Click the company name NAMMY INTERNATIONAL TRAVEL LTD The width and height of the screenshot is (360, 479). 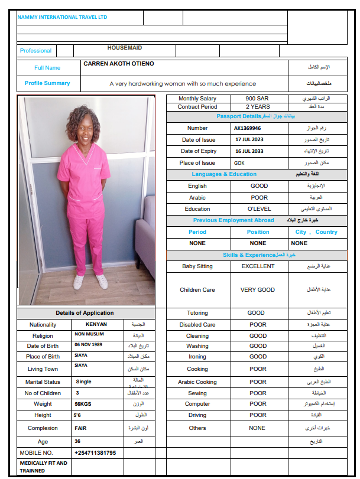point(62,18)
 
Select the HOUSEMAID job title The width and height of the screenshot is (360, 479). point(124,48)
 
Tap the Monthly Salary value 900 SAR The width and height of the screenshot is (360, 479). point(258,99)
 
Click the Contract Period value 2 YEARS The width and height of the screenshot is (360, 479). point(258,107)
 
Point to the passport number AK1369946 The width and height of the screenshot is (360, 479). point(247,128)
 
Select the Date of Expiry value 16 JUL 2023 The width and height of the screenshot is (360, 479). point(249,151)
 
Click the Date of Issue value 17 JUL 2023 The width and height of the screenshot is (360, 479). point(249,140)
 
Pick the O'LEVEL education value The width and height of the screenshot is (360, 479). point(258,209)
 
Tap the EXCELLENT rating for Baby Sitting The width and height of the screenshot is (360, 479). point(258,266)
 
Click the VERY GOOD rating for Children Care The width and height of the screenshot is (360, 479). point(258,290)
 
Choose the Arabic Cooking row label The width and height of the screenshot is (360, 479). point(197,382)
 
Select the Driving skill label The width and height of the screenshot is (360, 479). point(197,415)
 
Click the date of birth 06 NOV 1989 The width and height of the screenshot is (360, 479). point(89,345)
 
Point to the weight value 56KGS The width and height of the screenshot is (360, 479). point(83,404)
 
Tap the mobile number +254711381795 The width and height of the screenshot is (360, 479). point(95,453)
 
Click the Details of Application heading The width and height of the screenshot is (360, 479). point(85,313)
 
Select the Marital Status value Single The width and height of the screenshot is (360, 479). point(83,382)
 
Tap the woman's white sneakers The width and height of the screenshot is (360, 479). point(90,281)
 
